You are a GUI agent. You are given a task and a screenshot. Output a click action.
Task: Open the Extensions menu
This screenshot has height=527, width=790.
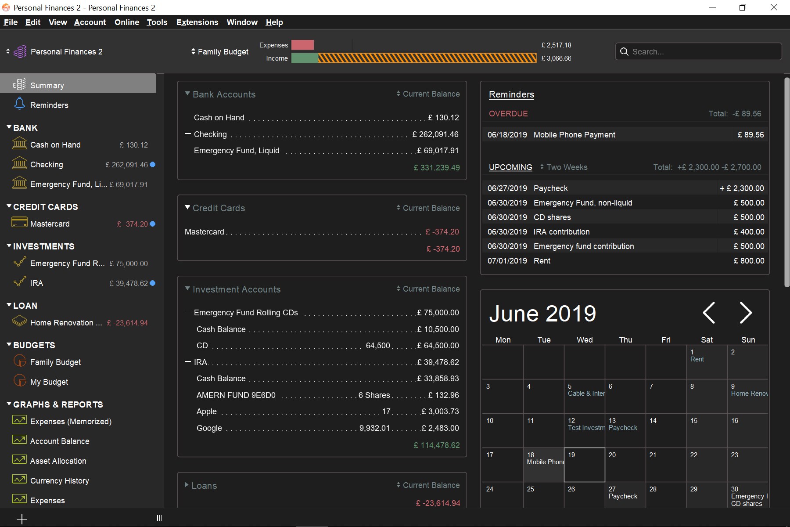(x=197, y=22)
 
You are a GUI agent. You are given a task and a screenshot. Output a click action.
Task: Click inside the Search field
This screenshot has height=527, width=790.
(x=702, y=51)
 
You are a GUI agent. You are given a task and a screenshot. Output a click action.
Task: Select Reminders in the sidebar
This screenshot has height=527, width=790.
(x=49, y=105)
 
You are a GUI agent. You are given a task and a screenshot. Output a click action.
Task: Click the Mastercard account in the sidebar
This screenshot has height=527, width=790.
(x=50, y=224)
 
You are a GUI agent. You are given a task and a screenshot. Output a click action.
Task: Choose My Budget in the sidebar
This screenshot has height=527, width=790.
(x=49, y=382)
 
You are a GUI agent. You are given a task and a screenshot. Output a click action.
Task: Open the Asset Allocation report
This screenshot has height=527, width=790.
(x=58, y=461)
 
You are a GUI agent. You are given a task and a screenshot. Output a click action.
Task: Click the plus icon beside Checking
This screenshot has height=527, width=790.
(x=188, y=134)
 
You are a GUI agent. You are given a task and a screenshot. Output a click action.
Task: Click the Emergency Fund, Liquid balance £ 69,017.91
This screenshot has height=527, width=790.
(x=438, y=151)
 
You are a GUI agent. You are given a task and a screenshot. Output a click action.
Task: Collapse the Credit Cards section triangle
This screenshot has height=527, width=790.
(x=187, y=207)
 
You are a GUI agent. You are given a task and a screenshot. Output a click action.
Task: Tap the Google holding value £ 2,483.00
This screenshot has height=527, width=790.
(x=440, y=428)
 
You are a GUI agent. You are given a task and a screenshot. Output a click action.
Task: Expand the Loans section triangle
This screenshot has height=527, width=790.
(x=187, y=485)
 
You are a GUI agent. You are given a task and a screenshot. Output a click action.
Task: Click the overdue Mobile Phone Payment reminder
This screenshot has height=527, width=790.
(x=574, y=135)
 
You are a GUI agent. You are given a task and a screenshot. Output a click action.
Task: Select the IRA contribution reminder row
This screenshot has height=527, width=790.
(x=562, y=232)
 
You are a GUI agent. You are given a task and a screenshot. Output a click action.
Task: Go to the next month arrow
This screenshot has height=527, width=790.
(x=745, y=313)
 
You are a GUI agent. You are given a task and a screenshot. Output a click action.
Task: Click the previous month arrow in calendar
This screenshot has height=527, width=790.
(x=709, y=313)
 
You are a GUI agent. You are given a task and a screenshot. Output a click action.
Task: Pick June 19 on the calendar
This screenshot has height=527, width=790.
(x=584, y=465)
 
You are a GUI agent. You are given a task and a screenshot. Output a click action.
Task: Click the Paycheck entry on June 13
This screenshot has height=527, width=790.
(x=623, y=428)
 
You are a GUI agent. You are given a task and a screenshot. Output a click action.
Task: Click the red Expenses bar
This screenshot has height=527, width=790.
(x=302, y=45)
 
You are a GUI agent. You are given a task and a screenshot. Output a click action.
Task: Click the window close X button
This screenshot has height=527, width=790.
(x=774, y=7)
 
